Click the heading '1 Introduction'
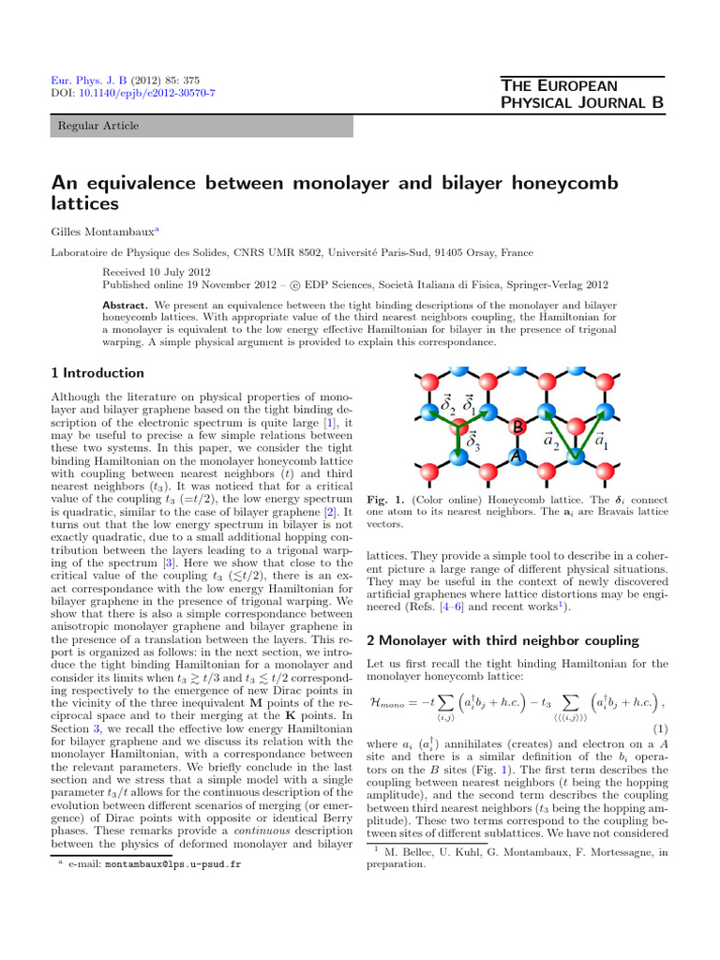pos(97,373)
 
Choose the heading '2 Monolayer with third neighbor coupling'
pos(502,640)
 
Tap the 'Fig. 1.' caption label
pos(382,500)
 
